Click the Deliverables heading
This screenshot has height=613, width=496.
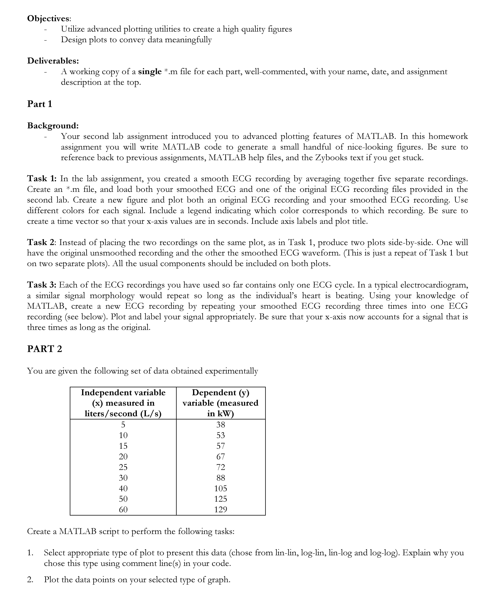click(53, 61)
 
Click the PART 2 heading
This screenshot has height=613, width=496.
click(45, 349)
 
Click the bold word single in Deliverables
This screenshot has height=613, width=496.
click(150, 72)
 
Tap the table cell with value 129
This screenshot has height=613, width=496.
click(221, 510)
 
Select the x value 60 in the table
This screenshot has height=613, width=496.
click(123, 510)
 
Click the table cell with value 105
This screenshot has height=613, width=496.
click(221, 488)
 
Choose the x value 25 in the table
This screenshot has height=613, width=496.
click(123, 467)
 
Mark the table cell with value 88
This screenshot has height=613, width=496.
click(221, 478)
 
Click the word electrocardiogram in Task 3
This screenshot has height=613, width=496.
click(434, 285)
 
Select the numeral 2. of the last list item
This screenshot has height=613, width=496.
click(30, 580)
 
